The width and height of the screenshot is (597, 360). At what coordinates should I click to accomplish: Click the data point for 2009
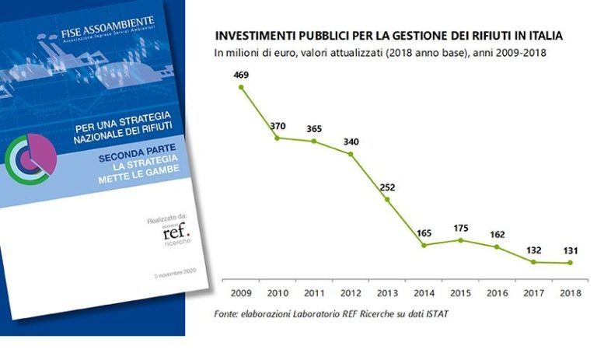coord(241,87)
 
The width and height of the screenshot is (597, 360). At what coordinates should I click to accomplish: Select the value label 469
coord(241,75)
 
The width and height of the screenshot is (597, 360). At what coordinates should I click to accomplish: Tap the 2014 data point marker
coord(424,245)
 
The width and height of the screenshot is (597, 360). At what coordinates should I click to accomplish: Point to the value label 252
coord(387,187)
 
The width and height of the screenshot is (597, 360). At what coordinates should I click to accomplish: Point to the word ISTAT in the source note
coord(437,313)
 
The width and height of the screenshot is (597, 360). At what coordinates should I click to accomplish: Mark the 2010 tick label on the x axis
coord(278,294)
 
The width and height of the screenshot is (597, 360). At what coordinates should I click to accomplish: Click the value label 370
coord(278,125)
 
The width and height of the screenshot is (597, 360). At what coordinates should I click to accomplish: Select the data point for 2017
coord(533,262)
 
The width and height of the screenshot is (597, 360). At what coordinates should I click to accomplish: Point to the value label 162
coord(497,233)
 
